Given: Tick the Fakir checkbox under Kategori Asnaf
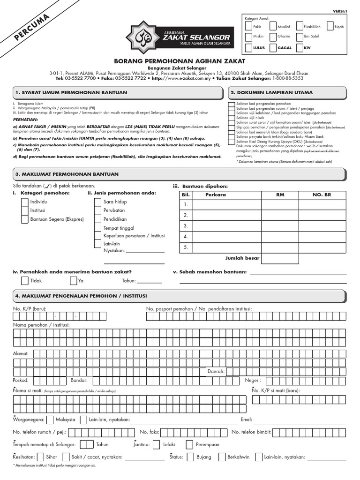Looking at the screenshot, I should click(248, 27).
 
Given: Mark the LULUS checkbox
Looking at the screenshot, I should click(248, 47).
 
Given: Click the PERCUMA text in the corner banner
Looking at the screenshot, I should click(32, 28).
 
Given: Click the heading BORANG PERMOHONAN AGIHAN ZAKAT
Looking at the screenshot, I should click(180, 61).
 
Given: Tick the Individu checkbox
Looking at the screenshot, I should click(25, 202).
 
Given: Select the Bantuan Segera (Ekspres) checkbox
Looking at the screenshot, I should click(25, 219).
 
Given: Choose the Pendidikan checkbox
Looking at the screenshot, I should click(98, 219).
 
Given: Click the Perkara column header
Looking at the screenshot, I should click(215, 194).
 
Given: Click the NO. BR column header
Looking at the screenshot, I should click(322, 194).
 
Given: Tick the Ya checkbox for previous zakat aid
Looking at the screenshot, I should click(74, 281).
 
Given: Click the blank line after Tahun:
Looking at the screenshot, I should click(149, 281).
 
